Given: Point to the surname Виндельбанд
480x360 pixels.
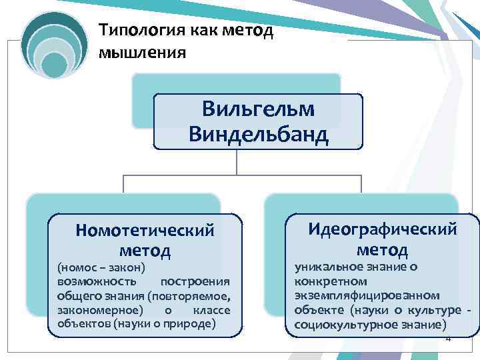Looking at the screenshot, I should (258, 135).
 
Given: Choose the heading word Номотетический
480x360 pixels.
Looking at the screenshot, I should (145, 230).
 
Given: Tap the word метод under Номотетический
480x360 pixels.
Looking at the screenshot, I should (145, 251).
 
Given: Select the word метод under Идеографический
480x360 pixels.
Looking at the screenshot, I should (382, 250).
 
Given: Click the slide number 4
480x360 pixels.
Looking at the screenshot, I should (448, 339).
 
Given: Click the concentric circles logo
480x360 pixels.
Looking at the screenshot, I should (54, 46).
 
